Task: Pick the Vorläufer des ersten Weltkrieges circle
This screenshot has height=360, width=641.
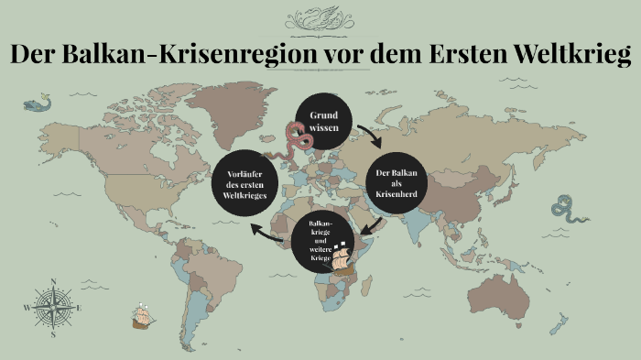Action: [244, 180]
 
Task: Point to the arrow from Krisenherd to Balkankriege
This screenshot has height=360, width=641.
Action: [370, 224]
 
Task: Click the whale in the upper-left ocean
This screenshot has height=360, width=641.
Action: [38, 104]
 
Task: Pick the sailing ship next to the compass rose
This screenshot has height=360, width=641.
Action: [141, 316]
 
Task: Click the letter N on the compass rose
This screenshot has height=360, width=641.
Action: [53, 282]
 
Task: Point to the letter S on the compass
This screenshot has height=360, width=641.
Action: [53, 335]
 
